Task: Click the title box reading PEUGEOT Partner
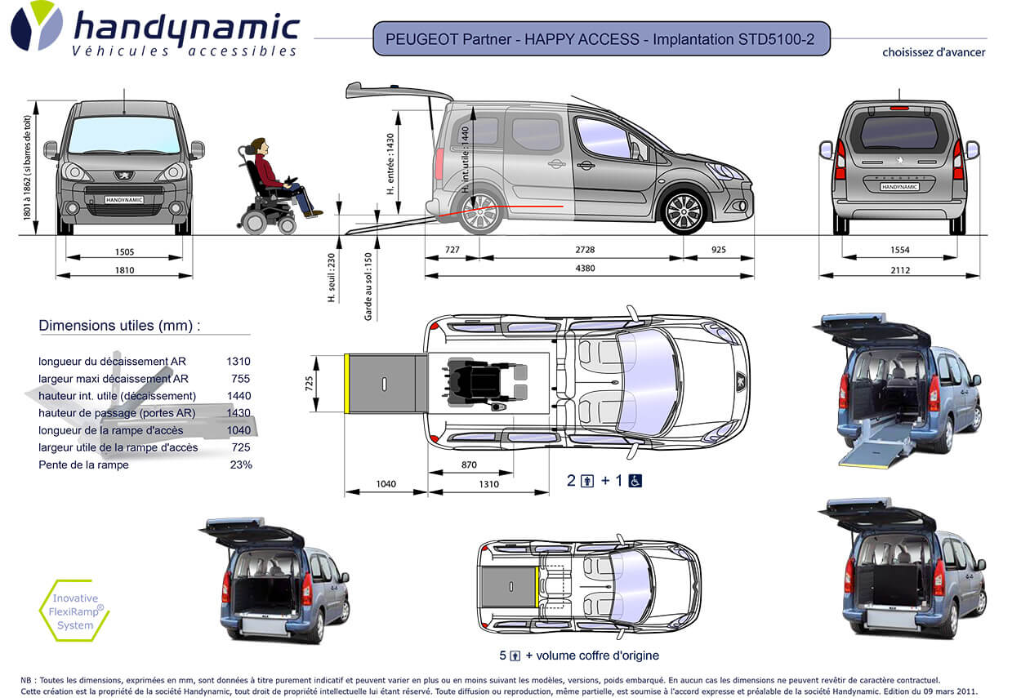tap(601, 38)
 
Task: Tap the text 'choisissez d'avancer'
tap(933, 52)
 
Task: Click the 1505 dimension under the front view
tap(124, 252)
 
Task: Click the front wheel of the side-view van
tap(682, 211)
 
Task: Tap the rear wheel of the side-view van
tap(479, 211)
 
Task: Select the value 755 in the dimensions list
tap(240, 379)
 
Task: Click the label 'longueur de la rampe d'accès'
tap(112, 430)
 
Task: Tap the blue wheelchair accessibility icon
tap(635, 481)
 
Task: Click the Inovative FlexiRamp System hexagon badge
tap(74, 611)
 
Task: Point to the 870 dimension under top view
tap(469, 464)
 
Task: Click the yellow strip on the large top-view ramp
tap(347, 383)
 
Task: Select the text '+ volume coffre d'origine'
tap(591, 656)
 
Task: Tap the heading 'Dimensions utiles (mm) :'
tap(119, 326)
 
